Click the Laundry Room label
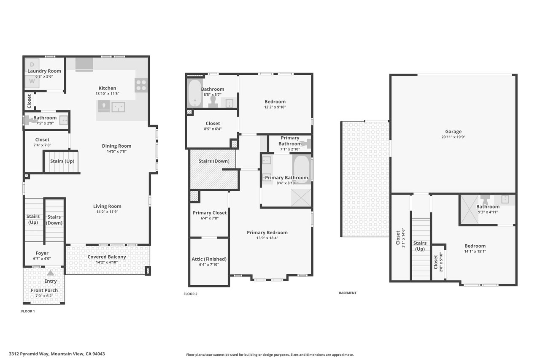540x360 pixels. [44, 71]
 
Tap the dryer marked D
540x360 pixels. [32, 65]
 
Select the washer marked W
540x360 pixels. [32, 81]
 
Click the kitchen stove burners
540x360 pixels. [141, 85]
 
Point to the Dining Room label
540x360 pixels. [117, 146]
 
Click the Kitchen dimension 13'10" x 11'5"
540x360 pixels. [107, 94]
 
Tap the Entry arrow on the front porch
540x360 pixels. [50, 273]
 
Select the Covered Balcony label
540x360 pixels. [107, 257]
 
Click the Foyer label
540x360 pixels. [42, 253]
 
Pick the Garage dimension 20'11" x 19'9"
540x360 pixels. [453, 137]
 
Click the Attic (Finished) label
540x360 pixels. [209, 259]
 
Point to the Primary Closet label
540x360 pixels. [210, 213]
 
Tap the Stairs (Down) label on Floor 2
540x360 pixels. [214, 161]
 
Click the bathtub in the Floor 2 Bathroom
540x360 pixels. [195, 93]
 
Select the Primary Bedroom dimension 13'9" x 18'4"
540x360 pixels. [267, 238]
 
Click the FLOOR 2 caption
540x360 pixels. [190, 294]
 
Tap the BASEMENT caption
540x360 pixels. [348, 293]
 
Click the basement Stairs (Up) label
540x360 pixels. [420, 246]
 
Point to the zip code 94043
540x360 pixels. [99, 354]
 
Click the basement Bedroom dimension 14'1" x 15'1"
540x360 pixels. [475, 251]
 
